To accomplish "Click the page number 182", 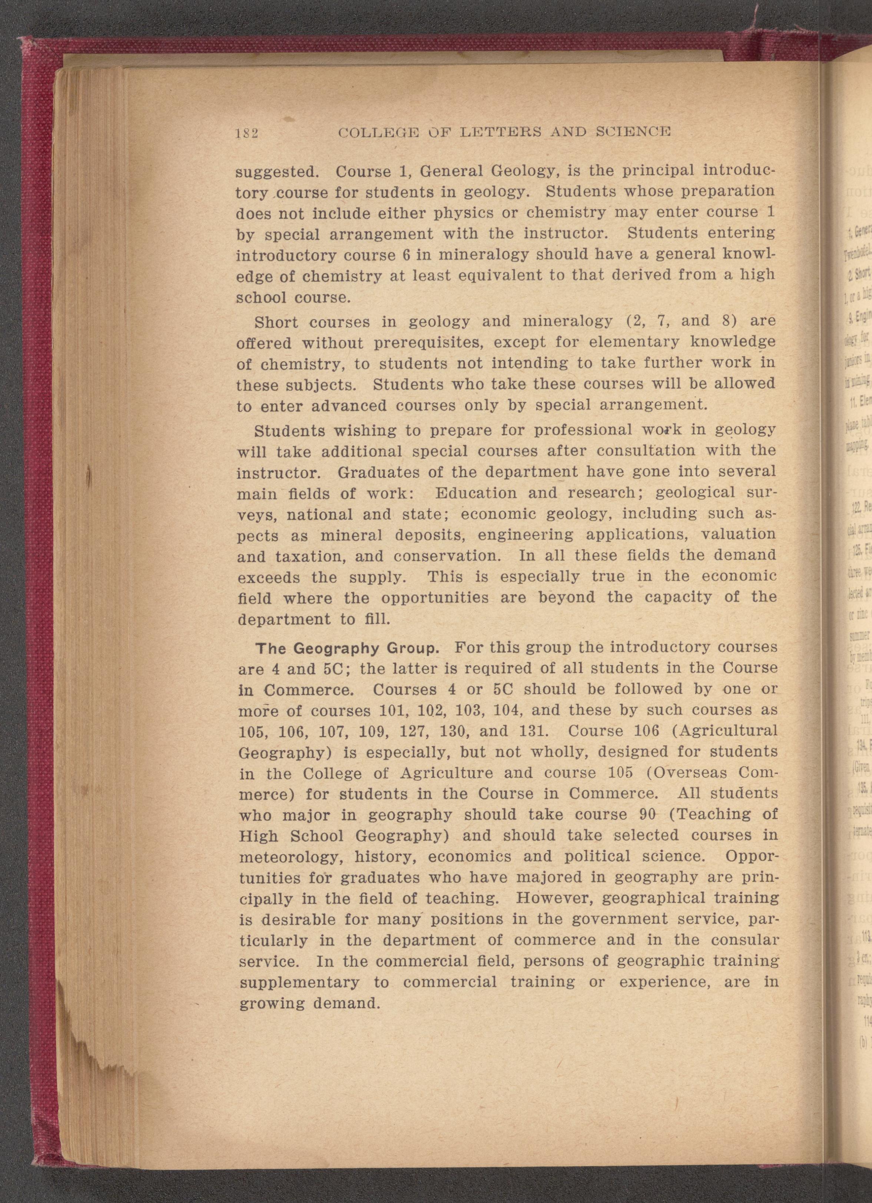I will pyautogui.click(x=246, y=133).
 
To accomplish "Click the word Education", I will pyautogui.click(x=475, y=493).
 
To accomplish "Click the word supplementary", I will pyautogui.click(x=300, y=982).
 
